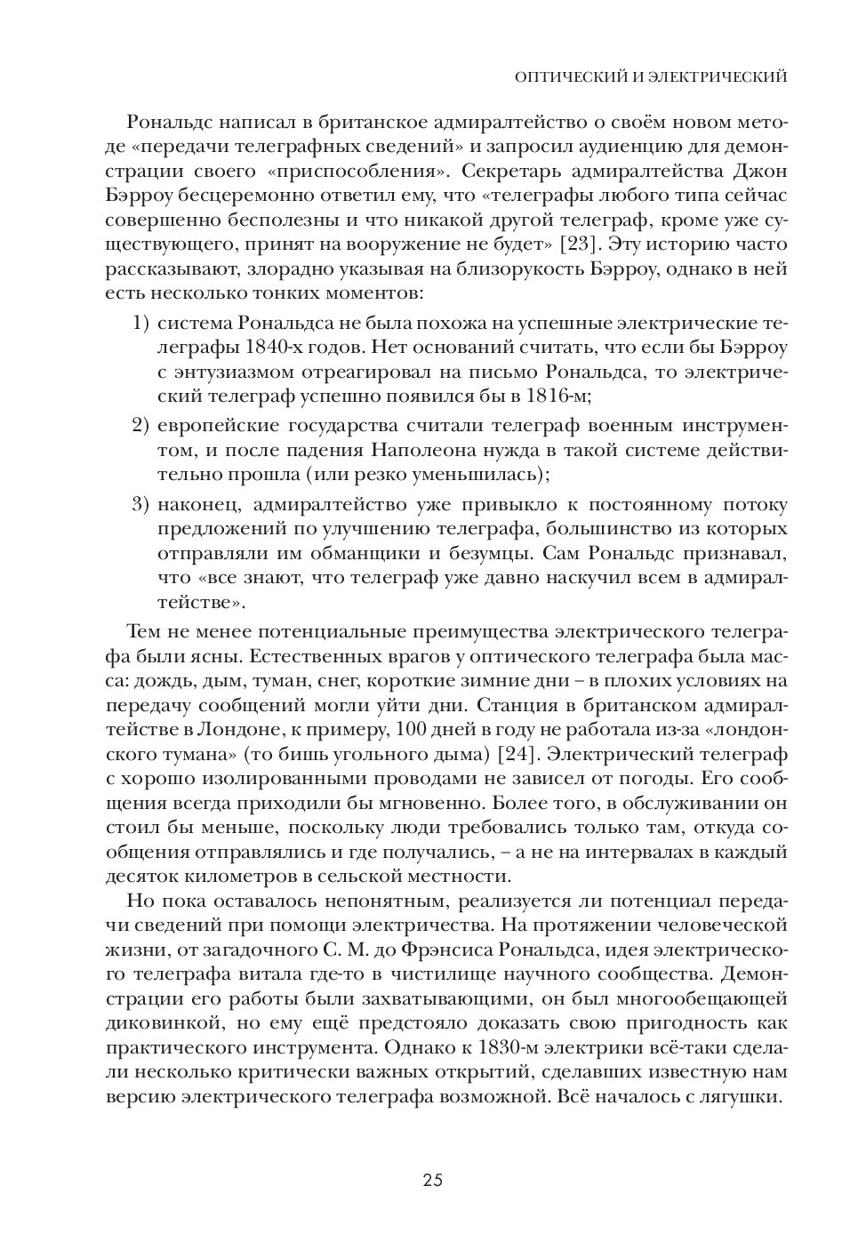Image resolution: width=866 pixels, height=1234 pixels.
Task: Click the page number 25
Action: (x=432, y=1180)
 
